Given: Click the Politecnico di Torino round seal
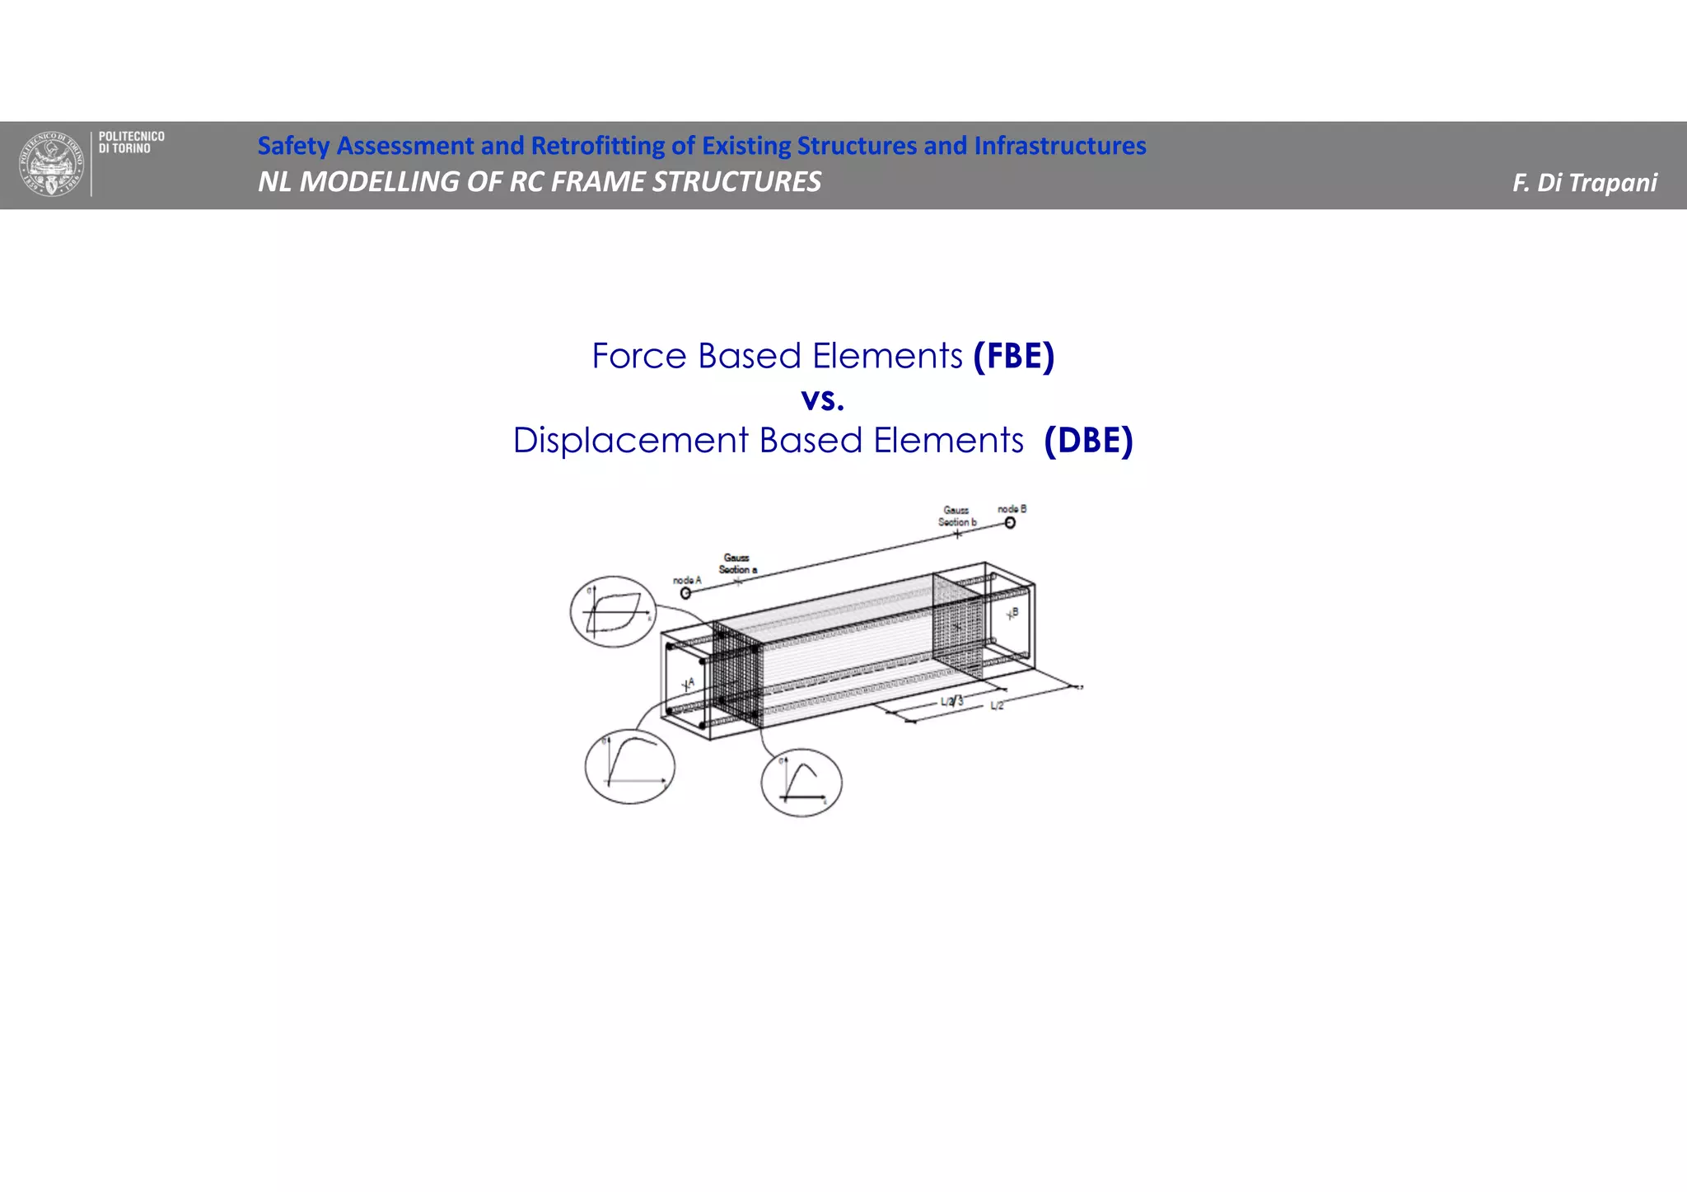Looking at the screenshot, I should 51,164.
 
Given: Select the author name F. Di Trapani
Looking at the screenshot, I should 1584,183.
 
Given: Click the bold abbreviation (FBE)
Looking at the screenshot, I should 1013,357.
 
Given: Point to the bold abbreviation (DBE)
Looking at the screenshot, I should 1088,441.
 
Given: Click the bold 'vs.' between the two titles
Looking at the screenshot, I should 822,400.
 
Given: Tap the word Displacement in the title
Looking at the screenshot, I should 631,441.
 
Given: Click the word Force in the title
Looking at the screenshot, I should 639,357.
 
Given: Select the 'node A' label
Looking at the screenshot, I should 687,580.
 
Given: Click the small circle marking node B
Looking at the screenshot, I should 1010,522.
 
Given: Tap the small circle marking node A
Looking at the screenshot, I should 685,592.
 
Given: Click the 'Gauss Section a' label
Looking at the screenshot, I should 737,563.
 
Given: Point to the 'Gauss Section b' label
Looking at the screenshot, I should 956,517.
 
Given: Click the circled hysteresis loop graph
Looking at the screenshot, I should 613,611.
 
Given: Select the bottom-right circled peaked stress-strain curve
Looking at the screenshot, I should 801,783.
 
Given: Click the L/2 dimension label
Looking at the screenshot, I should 997,706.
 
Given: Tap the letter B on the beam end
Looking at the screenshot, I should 1015,611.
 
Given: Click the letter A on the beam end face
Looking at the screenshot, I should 691,682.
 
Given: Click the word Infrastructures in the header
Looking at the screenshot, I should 1060,146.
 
